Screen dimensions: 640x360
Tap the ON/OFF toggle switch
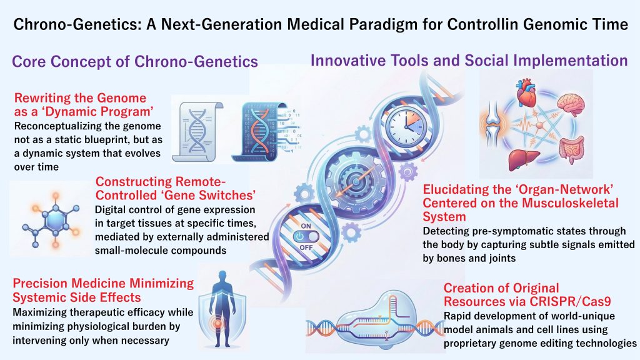[x=306, y=237]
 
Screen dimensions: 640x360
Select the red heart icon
[x=526, y=93]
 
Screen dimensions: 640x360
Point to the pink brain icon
[x=571, y=105]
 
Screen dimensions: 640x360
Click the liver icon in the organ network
[x=524, y=159]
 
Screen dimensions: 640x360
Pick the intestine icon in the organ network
[x=572, y=151]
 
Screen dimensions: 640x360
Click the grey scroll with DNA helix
[x=197, y=131]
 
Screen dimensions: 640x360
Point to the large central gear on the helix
[x=356, y=181]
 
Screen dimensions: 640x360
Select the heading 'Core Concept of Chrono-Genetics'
[x=135, y=62]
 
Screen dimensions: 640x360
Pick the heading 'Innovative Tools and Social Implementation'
[x=469, y=61]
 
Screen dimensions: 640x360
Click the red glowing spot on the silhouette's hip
[x=217, y=323]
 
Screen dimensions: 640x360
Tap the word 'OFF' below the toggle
[x=306, y=247]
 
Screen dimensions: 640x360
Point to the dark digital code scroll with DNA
[x=265, y=131]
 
